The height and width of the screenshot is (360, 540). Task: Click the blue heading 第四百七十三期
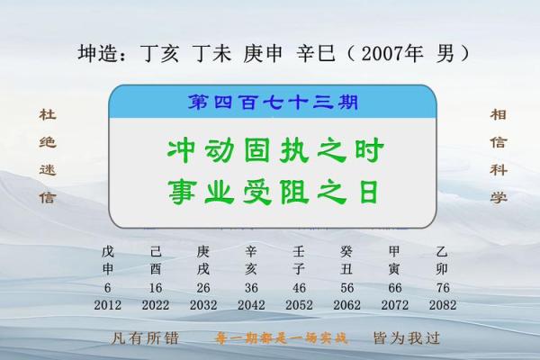click(271, 102)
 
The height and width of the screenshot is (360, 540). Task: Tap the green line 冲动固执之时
click(271, 149)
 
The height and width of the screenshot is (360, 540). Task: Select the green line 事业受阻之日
click(271, 191)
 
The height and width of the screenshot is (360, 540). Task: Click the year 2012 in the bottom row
click(108, 305)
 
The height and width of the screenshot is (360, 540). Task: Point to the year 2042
click(251, 305)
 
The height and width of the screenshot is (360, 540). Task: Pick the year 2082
click(442, 305)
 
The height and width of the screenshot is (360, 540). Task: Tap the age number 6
click(108, 287)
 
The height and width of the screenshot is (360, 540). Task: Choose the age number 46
click(299, 287)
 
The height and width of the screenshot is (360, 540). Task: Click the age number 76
click(442, 287)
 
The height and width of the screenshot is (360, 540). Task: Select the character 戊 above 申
click(108, 252)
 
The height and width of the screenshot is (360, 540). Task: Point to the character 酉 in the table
click(156, 269)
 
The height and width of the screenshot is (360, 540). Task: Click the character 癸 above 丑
click(346, 252)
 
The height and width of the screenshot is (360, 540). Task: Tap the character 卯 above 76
click(442, 269)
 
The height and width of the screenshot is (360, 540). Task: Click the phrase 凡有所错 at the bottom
click(134, 339)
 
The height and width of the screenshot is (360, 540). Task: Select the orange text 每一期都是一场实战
click(271, 340)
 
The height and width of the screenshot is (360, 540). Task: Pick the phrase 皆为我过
click(405, 339)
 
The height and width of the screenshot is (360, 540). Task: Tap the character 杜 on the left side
click(47, 115)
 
